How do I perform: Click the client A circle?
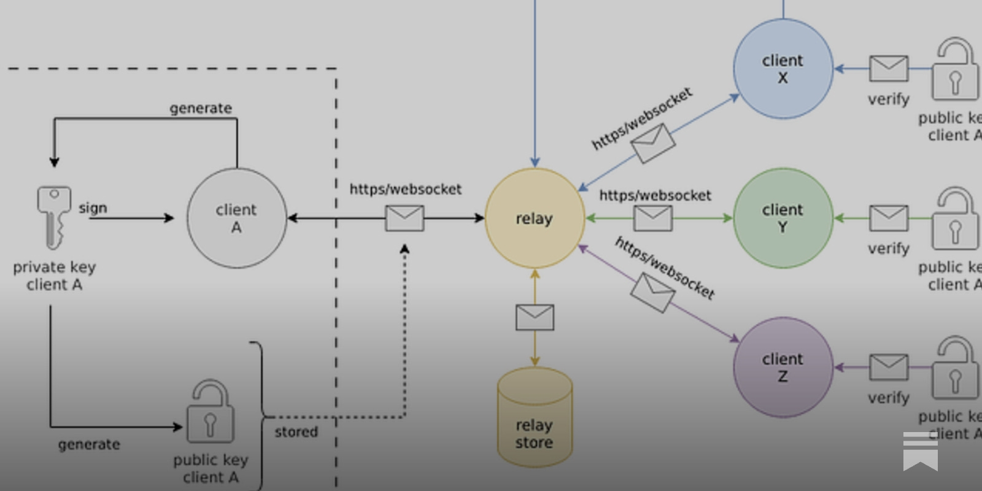pos(236,218)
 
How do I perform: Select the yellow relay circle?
pos(534,218)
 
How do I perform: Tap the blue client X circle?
pos(783,69)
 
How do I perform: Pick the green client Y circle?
pos(783,218)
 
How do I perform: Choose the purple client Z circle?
pos(783,367)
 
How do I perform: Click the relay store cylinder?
pos(534,417)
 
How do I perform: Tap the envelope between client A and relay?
pos(404,218)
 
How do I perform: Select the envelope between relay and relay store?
pos(535,317)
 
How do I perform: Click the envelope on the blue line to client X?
pos(653,143)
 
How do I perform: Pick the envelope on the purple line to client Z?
pos(653,293)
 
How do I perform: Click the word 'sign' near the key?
pos(93,208)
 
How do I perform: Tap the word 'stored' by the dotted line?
pos(296,432)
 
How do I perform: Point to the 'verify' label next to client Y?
pos(888,249)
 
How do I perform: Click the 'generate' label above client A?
pos(201,109)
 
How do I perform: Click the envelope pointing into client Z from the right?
pos(888,367)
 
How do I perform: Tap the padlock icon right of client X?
pos(954,71)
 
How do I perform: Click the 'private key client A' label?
pos(54,276)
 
